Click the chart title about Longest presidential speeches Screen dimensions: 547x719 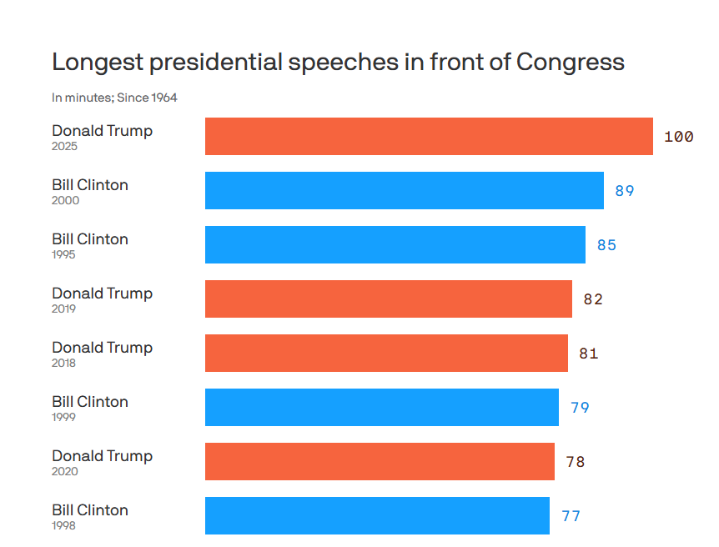coord(338,63)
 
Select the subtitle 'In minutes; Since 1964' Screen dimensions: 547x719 coord(114,98)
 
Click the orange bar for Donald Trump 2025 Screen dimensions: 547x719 coord(429,136)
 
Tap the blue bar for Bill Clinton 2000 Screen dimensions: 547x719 coord(405,190)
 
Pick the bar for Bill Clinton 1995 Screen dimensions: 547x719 coord(395,244)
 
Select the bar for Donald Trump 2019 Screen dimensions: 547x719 coord(389,299)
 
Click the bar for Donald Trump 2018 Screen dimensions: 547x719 coord(386,353)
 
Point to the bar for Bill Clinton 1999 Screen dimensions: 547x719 coord(382,407)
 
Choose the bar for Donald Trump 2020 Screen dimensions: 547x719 coord(380,461)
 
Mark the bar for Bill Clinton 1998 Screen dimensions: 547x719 coord(377,515)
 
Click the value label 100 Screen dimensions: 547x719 coord(678,137)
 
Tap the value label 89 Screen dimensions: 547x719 coord(625,191)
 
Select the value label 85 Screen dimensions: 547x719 coord(606,245)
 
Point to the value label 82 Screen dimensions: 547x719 coord(593,299)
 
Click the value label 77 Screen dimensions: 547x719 coord(571,516)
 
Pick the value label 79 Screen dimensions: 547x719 coord(580,408)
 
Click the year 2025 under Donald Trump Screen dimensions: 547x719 coord(64,146)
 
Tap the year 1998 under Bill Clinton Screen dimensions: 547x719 coord(63,525)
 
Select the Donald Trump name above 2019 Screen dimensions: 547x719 coord(102,294)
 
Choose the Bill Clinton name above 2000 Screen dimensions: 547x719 coord(90,185)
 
